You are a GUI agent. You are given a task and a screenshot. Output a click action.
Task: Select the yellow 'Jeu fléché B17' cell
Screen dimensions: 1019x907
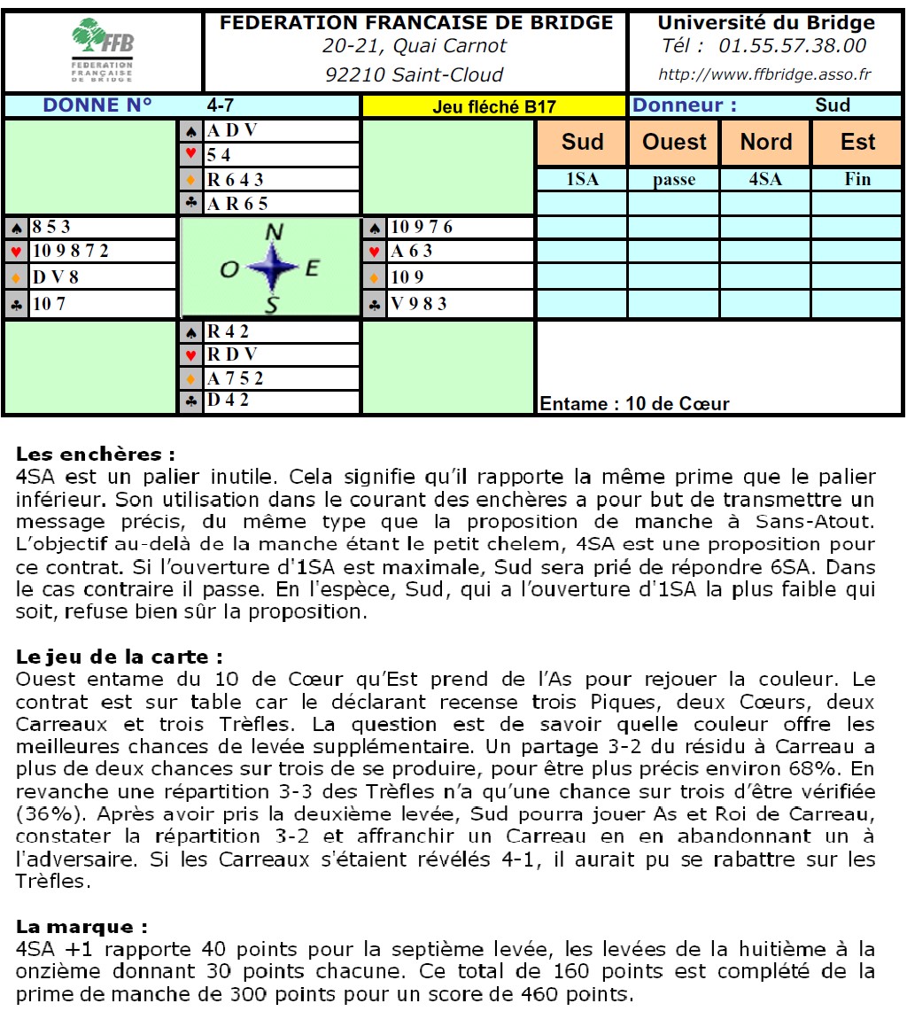coord(493,106)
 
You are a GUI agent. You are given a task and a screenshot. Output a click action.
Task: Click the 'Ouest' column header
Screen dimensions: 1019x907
coord(674,143)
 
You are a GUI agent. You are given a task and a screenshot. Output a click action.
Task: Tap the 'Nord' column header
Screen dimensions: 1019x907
coord(765,143)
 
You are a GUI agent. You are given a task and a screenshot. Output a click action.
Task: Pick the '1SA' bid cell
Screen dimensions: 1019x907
coord(582,180)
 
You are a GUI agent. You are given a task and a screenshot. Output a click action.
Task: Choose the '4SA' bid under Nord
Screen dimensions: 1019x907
coord(765,180)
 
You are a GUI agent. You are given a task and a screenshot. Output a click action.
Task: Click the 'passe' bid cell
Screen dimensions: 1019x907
coord(674,180)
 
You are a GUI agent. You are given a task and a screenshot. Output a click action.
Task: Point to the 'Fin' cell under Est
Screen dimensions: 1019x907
coord(857,180)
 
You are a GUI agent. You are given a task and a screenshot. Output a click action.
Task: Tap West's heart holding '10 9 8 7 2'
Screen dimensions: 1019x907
coord(70,252)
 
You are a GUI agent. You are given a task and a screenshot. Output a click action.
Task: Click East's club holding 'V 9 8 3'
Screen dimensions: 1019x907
coord(419,304)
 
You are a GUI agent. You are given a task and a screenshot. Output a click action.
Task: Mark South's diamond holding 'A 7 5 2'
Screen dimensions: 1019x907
coord(235,379)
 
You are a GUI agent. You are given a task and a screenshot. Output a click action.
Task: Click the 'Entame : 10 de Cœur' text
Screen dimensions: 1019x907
coord(634,404)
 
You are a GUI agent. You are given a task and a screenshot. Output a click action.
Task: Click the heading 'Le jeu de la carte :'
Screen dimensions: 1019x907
coord(119,658)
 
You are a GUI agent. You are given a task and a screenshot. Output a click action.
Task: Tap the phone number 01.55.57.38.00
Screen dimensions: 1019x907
coord(792,46)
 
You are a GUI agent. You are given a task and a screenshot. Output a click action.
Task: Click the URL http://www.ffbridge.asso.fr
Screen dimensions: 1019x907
coord(765,74)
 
